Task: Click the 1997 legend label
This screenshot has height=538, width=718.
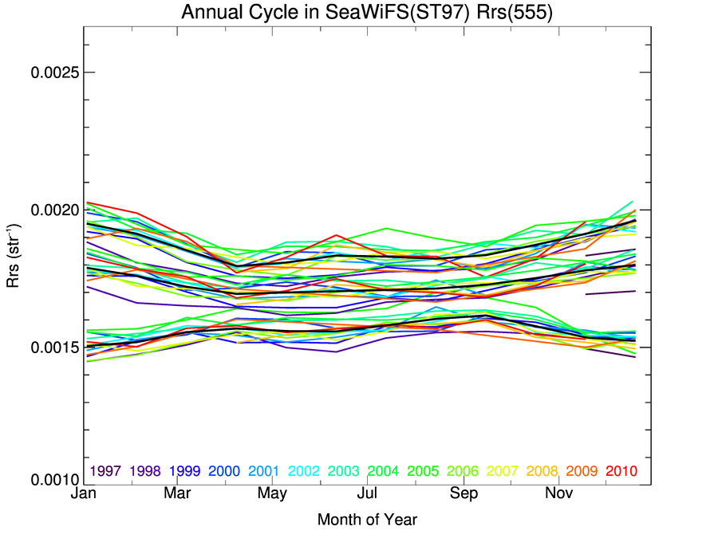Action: pyautogui.click(x=106, y=471)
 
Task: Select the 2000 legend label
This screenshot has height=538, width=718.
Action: pyautogui.click(x=224, y=471)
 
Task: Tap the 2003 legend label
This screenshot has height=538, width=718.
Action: pyautogui.click(x=343, y=471)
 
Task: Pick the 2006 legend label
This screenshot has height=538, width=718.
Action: pyautogui.click(x=462, y=471)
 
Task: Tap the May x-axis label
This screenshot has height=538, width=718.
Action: pyautogui.click(x=272, y=495)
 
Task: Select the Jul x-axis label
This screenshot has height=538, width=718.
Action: pyautogui.click(x=368, y=495)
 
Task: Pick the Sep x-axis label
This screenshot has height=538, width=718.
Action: pyautogui.click(x=464, y=495)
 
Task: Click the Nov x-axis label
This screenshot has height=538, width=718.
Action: pyautogui.click(x=558, y=495)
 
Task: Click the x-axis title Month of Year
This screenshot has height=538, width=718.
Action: pyautogui.click(x=367, y=520)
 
